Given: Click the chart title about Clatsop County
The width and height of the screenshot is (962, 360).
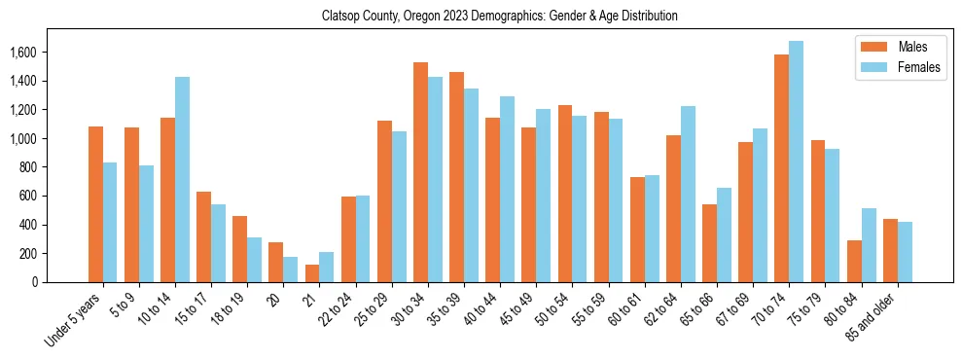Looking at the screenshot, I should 500,16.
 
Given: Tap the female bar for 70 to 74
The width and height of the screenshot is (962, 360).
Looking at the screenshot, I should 797,162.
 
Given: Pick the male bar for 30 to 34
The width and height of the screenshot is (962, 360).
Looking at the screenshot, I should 420,172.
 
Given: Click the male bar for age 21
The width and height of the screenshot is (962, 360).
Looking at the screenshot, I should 312,273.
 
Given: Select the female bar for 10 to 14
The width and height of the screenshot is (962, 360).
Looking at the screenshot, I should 183,179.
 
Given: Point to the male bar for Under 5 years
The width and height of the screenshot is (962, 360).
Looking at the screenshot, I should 95,204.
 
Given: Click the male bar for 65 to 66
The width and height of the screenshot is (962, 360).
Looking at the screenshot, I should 709,243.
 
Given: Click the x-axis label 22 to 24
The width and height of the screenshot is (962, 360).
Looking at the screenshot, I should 343,308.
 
